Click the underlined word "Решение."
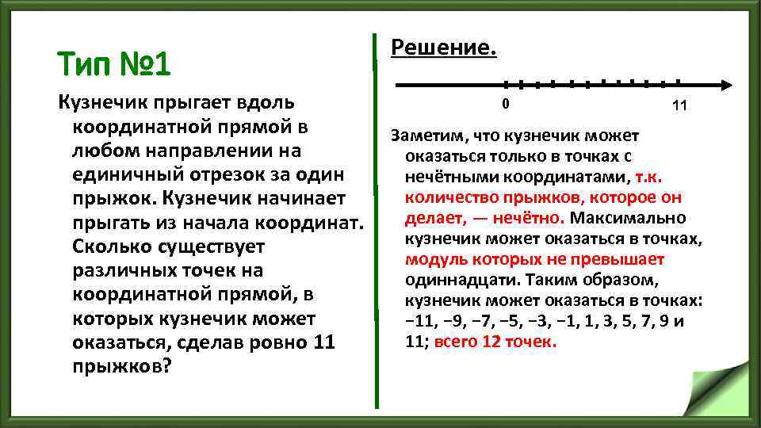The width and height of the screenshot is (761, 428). tap(443, 48)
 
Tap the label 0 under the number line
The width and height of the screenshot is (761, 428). tap(506, 104)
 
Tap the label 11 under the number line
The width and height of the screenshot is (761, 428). tap(679, 105)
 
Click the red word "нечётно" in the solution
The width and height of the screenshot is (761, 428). tap(534, 218)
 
